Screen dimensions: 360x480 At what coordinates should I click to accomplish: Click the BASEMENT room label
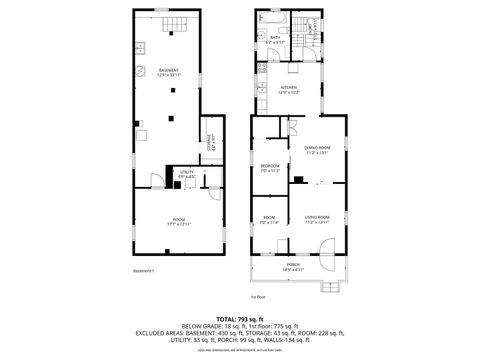click(168, 69)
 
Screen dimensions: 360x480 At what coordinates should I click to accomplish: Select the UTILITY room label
click(186, 172)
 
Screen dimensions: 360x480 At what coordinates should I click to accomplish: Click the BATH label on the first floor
click(274, 38)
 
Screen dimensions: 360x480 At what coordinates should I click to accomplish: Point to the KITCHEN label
click(289, 87)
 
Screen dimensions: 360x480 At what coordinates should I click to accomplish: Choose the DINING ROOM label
click(316, 148)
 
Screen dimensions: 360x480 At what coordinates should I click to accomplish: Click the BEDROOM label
click(270, 165)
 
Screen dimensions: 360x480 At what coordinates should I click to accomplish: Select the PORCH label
click(293, 264)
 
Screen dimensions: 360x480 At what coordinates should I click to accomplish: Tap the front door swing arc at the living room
click(326, 263)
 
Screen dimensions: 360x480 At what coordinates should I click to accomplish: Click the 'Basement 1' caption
click(143, 271)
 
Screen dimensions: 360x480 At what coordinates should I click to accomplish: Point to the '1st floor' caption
click(258, 297)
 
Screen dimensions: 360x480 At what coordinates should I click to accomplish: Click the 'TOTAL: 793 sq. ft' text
click(241, 318)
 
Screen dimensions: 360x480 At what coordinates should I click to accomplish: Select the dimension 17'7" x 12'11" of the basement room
click(179, 223)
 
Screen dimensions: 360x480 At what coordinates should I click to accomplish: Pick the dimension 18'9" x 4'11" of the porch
click(293, 269)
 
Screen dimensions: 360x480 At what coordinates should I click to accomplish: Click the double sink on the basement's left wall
click(140, 47)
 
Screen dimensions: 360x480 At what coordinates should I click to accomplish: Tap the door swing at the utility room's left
click(157, 180)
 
